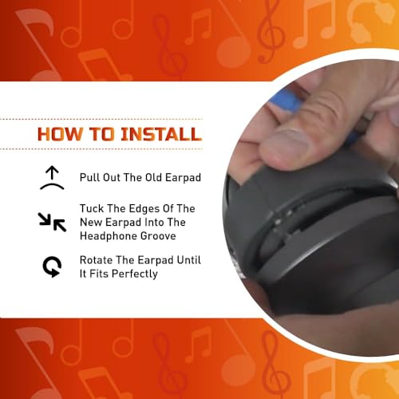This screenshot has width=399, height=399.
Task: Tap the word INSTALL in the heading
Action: (x=161, y=134)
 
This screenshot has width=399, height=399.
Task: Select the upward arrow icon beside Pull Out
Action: (x=52, y=178)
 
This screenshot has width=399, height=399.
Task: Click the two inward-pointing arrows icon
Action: (x=52, y=222)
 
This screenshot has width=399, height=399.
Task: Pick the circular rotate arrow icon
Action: (x=52, y=267)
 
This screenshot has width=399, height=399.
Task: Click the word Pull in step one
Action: (x=89, y=177)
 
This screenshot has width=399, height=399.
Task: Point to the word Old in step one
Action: (x=153, y=177)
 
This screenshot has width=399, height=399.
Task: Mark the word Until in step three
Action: (x=189, y=260)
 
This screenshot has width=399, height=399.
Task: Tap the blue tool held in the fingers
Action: (x=286, y=102)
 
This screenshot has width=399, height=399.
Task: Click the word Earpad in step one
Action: (x=183, y=178)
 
